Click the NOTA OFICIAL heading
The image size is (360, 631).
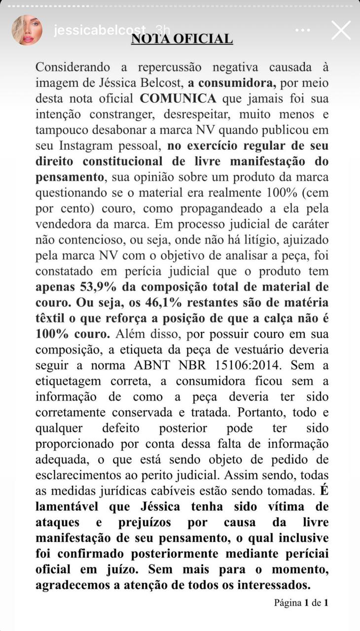pos(181,39)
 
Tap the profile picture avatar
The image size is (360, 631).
pos(27,30)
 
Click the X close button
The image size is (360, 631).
pos(341,30)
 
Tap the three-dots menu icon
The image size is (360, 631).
pos(303,30)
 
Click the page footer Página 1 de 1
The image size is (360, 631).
pos(301,602)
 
